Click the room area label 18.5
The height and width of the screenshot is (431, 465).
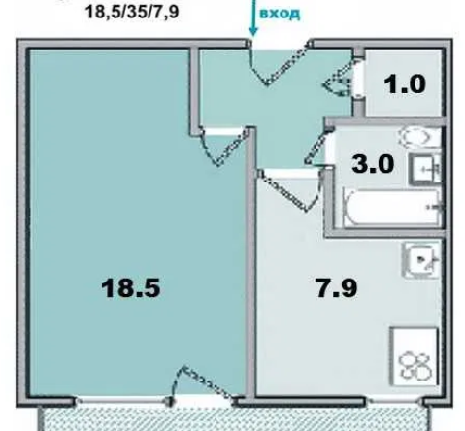(x=130, y=288)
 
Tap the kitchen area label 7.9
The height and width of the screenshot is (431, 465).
(x=337, y=288)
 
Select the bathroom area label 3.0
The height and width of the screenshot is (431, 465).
(x=373, y=164)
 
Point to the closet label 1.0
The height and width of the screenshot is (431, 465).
(x=405, y=84)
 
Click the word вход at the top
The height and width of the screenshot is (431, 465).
(x=280, y=14)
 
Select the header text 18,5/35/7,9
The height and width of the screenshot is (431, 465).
(x=132, y=13)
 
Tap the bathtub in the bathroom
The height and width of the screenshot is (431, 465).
(x=391, y=207)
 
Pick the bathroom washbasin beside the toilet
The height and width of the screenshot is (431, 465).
(x=425, y=169)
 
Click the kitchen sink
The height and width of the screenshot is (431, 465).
(x=421, y=259)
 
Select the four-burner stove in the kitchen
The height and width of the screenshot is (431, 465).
(x=415, y=356)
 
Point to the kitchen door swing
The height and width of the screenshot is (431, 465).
(x=289, y=191)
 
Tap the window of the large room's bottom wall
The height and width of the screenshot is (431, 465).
(x=121, y=401)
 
